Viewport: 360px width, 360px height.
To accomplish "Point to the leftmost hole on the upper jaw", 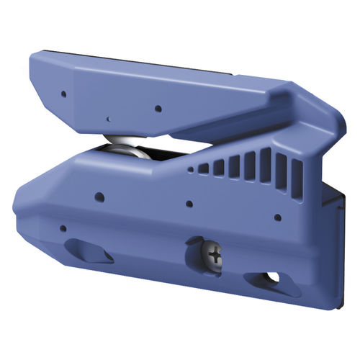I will click(x=63, y=93).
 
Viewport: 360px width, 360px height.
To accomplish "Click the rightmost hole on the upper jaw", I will click(x=157, y=109).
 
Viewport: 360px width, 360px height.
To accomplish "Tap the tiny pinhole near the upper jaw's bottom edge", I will click(x=108, y=117).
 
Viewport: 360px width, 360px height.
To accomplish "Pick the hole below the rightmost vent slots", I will click(x=277, y=216).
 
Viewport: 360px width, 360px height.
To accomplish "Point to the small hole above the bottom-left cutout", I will click(x=63, y=229).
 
